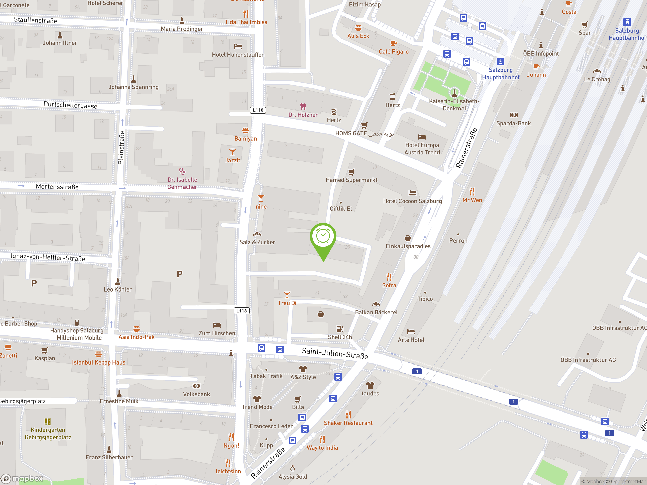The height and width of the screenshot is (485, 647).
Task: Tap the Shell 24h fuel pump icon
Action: click(340, 329)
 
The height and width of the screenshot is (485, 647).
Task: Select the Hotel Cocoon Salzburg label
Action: click(412, 201)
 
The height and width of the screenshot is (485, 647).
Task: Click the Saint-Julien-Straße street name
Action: click(335, 353)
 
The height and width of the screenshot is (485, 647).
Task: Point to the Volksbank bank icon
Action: click(197, 386)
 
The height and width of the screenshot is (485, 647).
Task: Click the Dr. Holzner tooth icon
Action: click(303, 106)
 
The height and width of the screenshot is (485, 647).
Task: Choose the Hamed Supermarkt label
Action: click(351, 180)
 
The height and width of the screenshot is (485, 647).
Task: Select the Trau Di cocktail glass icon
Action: click(287, 294)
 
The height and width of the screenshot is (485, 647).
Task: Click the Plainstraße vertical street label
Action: click(121, 148)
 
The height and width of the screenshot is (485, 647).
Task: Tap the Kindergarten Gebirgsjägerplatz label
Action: click(48, 433)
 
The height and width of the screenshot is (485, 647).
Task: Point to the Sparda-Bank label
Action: click(513, 123)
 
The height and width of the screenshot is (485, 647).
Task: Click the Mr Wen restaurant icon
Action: click(472, 192)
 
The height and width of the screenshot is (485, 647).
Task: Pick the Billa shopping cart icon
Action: click(298, 399)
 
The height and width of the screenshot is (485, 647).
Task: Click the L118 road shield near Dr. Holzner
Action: click(258, 110)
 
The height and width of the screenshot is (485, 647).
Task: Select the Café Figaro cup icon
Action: click(394, 43)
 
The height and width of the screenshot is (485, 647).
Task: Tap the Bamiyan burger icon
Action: click(245, 130)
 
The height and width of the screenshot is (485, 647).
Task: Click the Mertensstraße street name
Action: click(57, 187)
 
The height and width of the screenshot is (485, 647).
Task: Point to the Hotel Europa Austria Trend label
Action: click(422, 149)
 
